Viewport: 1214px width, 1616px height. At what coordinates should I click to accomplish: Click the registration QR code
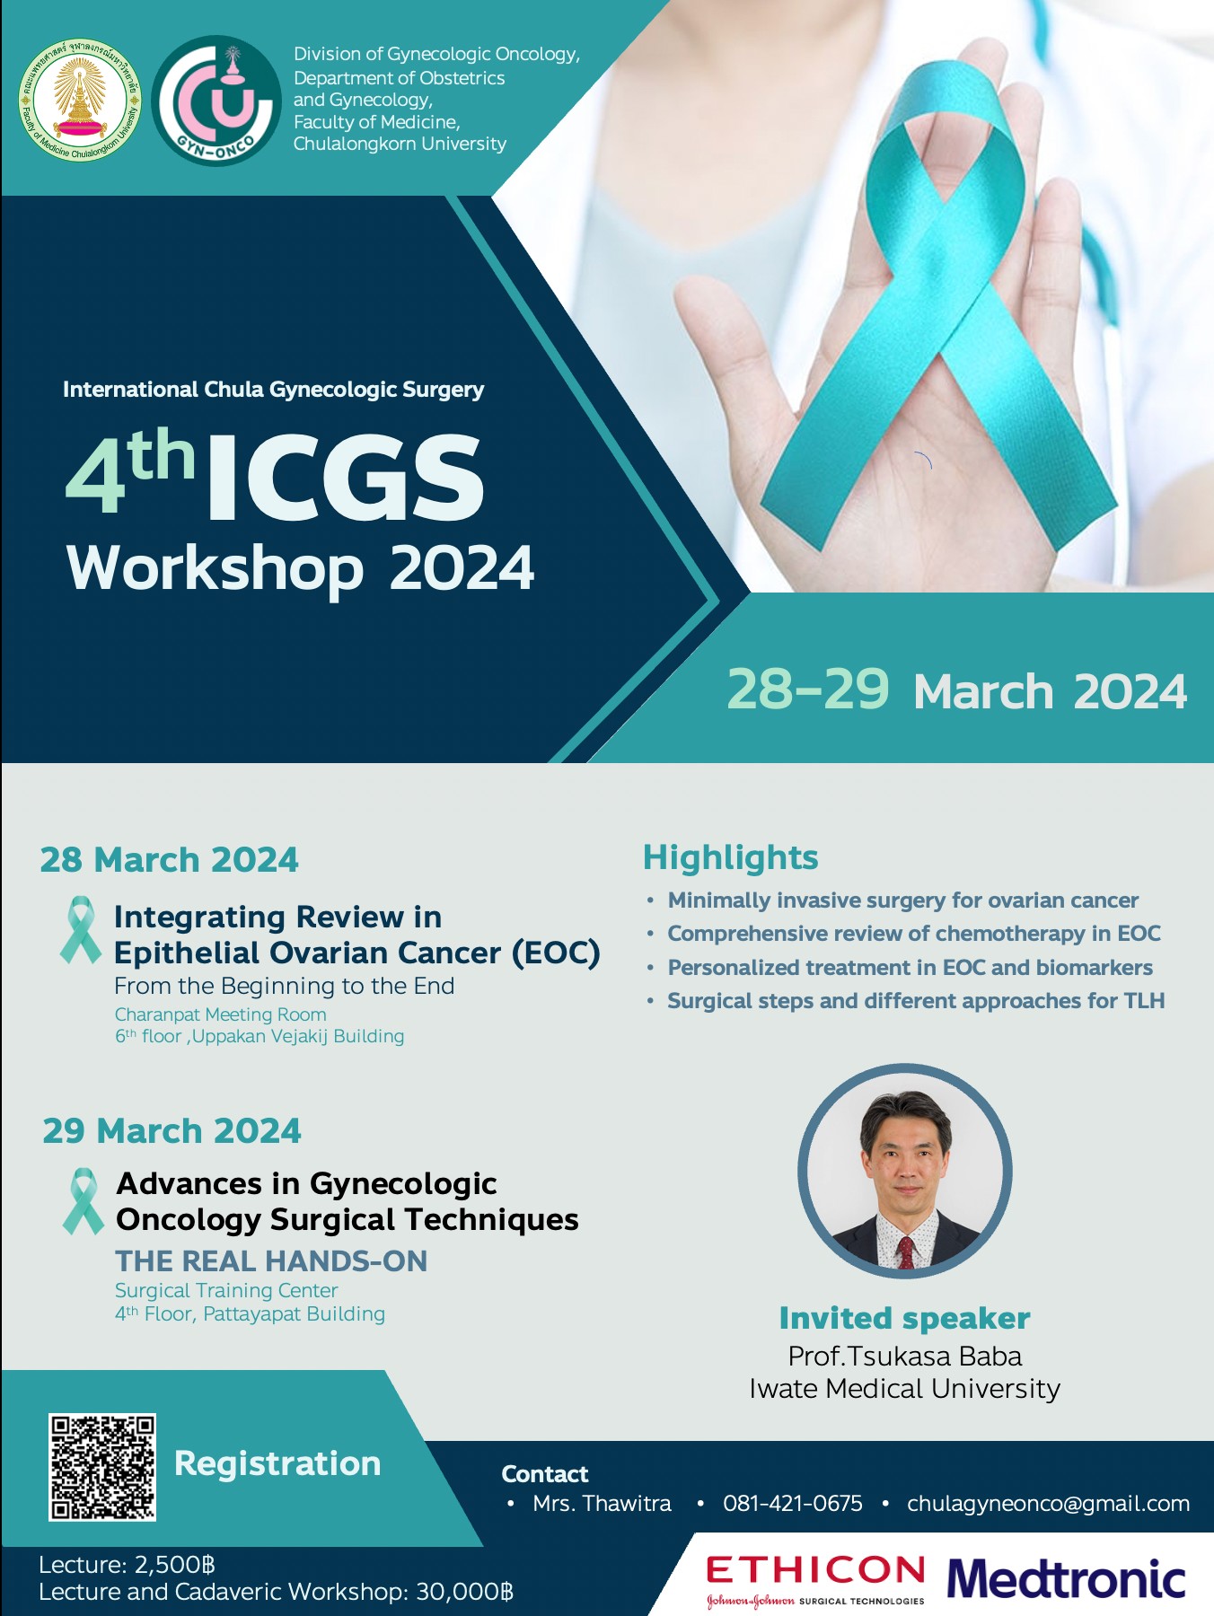[x=102, y=1467]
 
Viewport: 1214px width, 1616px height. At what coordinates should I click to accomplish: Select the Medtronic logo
[x=1066, y=1579]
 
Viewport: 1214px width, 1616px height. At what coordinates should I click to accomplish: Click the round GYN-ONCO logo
[x=216, y=101]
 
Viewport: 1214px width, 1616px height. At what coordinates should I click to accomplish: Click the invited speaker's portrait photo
[x=905, y=1171]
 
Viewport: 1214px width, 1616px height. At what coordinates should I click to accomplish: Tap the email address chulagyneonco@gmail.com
[x=1048, y=1504]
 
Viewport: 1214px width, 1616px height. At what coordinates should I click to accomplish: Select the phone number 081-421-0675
[x=792, y=1504]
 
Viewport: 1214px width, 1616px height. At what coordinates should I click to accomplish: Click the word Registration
[x=277, y=1464]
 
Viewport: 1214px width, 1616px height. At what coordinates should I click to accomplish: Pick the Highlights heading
[x=731, y=858]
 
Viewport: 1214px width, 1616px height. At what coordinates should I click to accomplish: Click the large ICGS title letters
[x=347, y=477]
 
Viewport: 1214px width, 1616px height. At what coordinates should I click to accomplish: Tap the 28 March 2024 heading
[x=169, y=860]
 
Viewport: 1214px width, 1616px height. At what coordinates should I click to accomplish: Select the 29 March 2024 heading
[x=172, y=1131]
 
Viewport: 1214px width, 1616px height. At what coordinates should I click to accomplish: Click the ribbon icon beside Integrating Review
[x=81, y=930]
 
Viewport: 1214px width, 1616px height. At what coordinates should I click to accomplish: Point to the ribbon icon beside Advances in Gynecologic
[x=84, y=1201]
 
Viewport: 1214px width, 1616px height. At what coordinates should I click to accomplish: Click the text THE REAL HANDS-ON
[x=271, y=1261]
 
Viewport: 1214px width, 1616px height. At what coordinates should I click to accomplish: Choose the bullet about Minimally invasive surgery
[x=902, y=900]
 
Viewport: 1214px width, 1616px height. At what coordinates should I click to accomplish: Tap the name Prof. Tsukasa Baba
[x=905, y=1357]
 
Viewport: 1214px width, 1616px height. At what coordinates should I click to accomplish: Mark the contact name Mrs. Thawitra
[x=602, y=1504]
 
